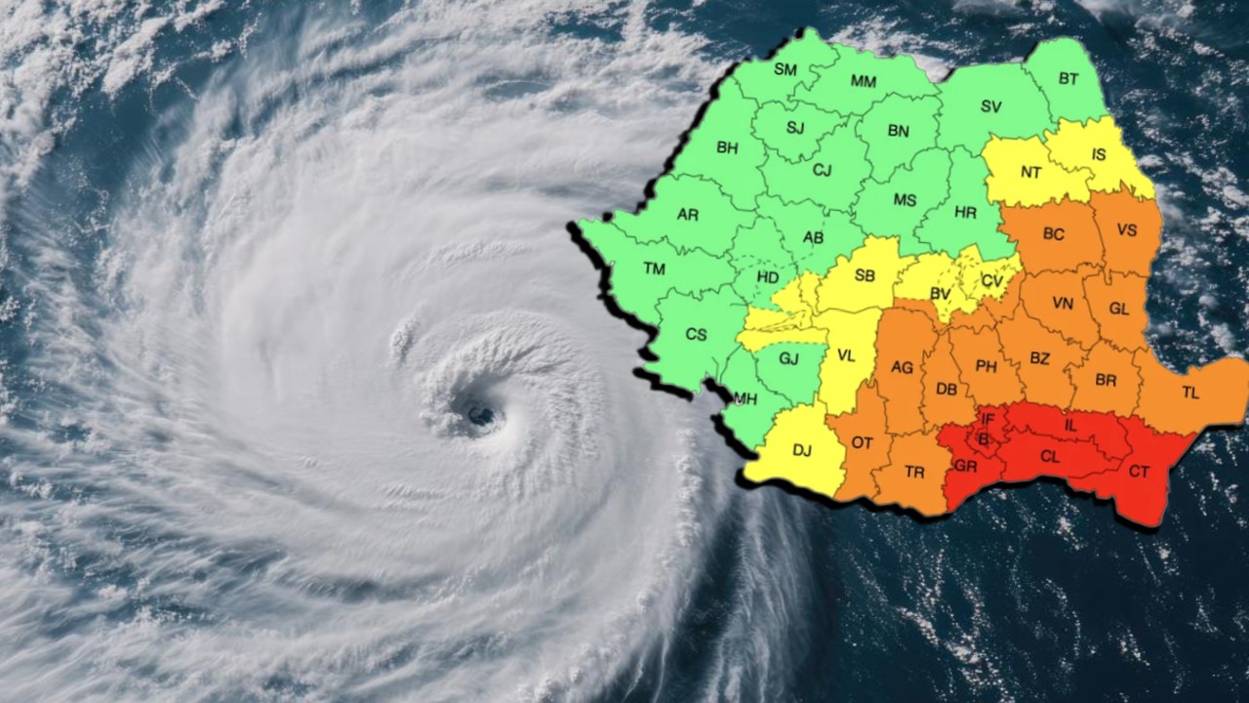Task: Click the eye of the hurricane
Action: point(479,416)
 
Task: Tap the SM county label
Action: point(786,69)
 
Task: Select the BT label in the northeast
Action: point(1068,78)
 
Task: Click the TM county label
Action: point(654,269)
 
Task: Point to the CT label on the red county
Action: point(1139,472)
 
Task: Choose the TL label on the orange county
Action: point(1190,393)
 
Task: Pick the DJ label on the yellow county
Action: point(802,450)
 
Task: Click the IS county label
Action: point(1099,154)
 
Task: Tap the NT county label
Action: point(1031,172)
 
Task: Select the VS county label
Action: point(1127,230)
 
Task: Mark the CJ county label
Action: point(823,170)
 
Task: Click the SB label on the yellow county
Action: point(865,275)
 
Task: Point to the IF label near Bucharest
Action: point(987,419)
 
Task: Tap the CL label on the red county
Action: point(1050,456)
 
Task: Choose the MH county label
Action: point(746,398)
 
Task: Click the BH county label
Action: point(727,147)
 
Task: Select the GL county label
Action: point(1119,309)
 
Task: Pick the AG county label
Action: point(903,367)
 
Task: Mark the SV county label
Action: point(991,105)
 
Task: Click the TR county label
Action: point(914,472)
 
